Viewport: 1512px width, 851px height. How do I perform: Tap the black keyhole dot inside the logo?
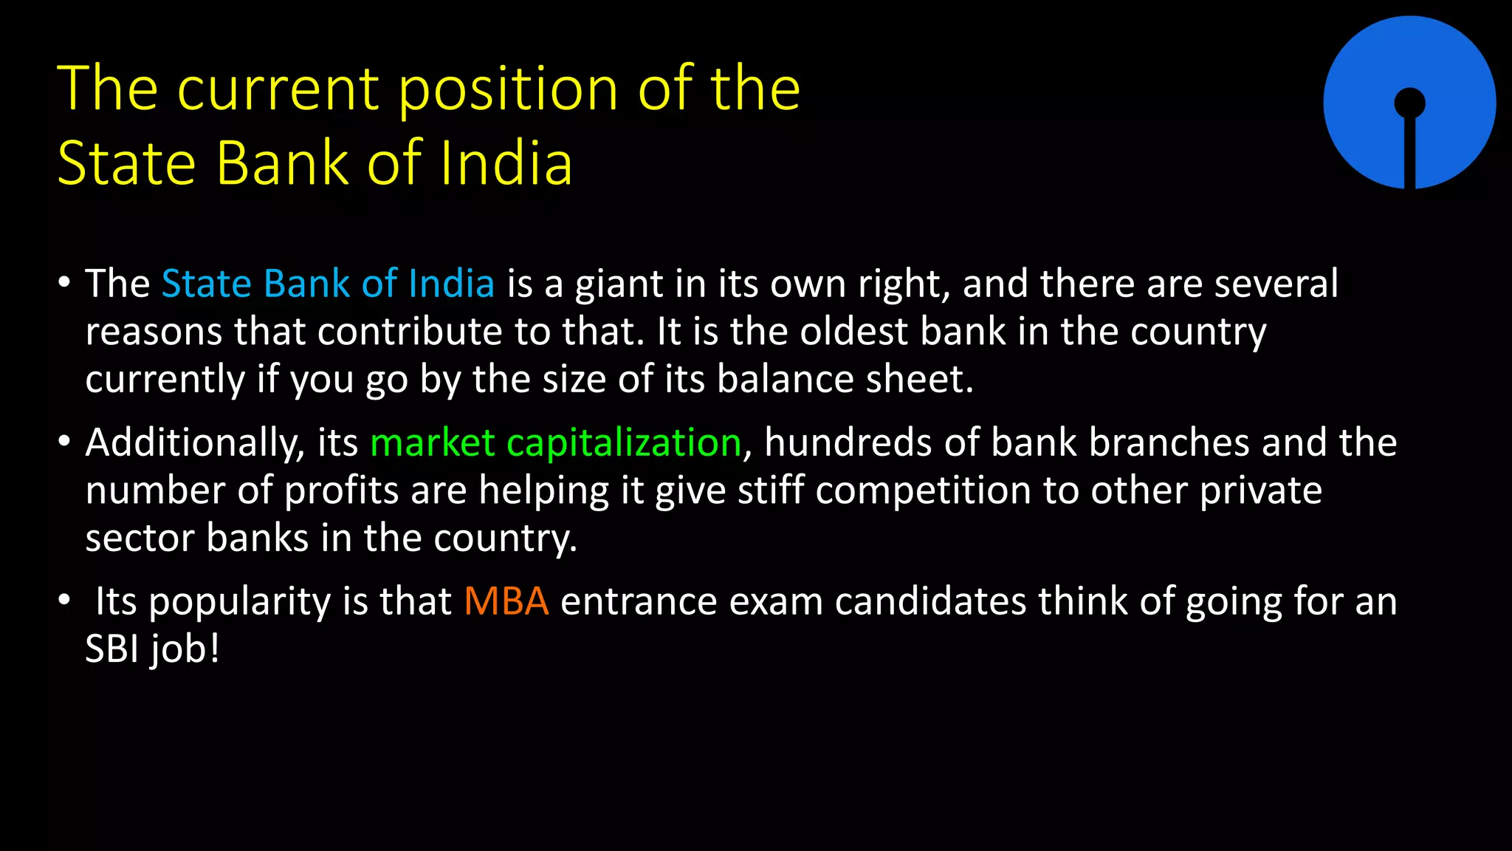[1409, 103]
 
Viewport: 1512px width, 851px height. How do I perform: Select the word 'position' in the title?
[508, 90]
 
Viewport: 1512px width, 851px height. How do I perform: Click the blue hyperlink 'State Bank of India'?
[328, 284]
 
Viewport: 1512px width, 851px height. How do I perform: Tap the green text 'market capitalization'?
[555, 443]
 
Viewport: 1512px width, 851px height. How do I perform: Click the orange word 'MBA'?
[506, 601]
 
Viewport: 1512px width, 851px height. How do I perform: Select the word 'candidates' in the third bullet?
[930, 601]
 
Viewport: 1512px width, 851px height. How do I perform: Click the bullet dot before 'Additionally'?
[65, 442]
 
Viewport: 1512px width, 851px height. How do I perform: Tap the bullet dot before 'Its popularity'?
[65, 600]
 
